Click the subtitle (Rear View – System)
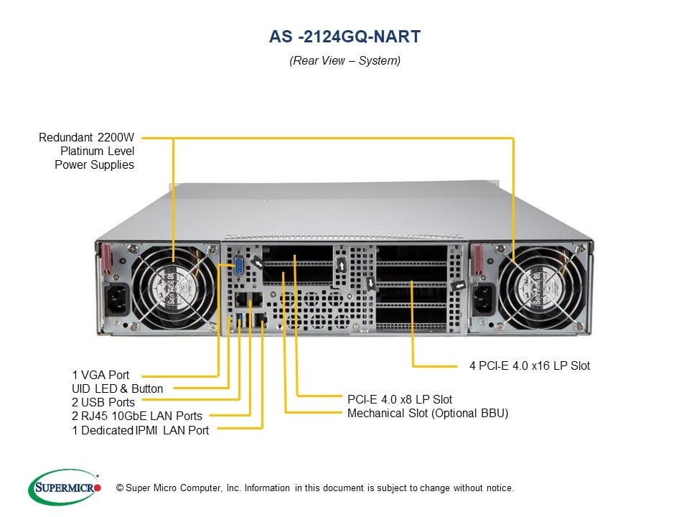click(x=344, y=60)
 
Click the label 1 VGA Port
click(x=100, y=375)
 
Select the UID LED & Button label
click(x=117, y=388)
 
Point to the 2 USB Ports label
click(x=103, y=402)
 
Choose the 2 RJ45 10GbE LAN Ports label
click(x=136, y=416)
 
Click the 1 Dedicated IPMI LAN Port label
click(x=141, y=430)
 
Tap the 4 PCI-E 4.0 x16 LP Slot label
click(x=530, y=365)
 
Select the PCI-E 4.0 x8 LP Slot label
click(x=400, y=399)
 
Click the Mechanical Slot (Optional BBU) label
click(x=428, y=413)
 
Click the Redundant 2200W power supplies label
click(x=87, y=150)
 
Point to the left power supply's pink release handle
click(x=107, y=260)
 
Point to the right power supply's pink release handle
click(x=476, y=260)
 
